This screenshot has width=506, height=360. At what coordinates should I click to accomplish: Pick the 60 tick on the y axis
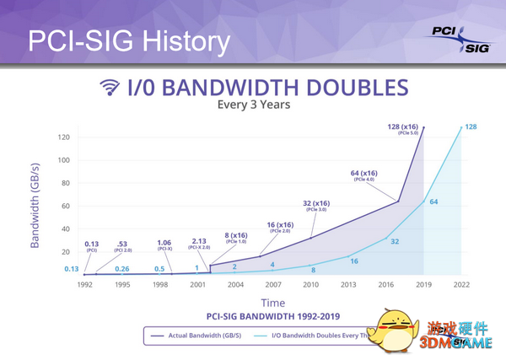64,206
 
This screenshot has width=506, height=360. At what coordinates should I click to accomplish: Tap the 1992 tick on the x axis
85,284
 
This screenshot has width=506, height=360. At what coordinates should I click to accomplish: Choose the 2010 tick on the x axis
312,284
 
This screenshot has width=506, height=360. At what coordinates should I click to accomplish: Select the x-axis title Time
272,302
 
